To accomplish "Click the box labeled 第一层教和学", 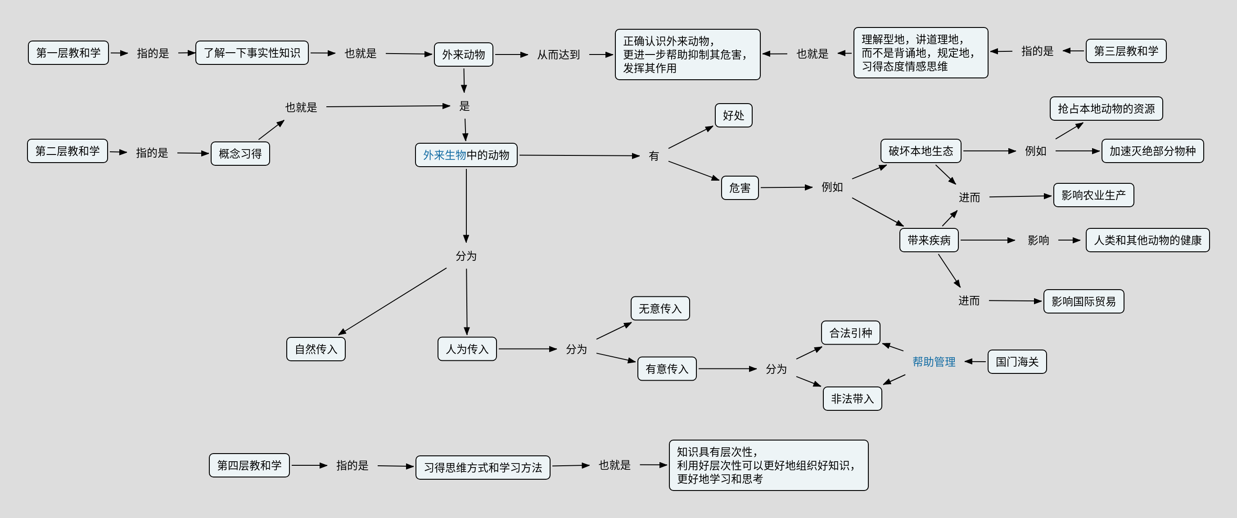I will pos(68,53).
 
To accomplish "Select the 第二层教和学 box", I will pos(67,151).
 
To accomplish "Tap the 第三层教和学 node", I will pos(1126,51).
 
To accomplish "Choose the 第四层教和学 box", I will pos(249,465).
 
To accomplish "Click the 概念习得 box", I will pos(240,154).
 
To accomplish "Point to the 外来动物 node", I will pos(463,55).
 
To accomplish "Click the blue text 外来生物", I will pos(444,155).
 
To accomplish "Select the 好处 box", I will pos(733,115).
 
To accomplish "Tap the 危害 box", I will pos(740,188).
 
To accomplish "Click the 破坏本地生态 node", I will pos(921,151).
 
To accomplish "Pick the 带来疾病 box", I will pos(929,240).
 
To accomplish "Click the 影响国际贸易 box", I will pos(1084,301).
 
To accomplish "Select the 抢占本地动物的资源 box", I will pos(1106,109).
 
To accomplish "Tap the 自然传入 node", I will pos(316,349).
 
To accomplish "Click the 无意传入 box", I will pos(660,309).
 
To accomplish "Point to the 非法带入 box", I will pos(853,399).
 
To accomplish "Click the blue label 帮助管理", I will pos(934,362).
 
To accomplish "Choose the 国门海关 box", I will pos(1016,362).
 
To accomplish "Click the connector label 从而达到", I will pos(558,55).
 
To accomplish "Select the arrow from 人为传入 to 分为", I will pos(527,349).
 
